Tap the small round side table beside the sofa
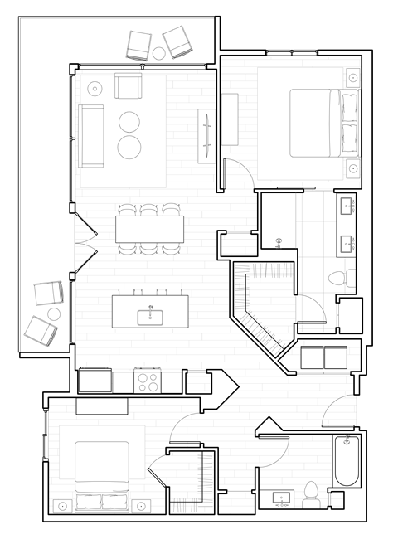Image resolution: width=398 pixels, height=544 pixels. pyautogui.click(x=95, y=88)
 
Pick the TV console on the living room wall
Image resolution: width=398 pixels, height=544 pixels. pyautogui.click(x=206, y=132)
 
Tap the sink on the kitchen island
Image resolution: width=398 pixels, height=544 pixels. pyautogui.click(x=151, y=314)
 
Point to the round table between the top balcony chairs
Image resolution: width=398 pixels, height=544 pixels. pyautogui.click(x=159, y=53)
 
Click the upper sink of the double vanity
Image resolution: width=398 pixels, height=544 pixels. pyautogui.click(x=347, y=204)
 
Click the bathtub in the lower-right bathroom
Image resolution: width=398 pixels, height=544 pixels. pyautogui.click(x=346, y=461)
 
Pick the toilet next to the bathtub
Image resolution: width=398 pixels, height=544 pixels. pyautogui.click(x=312, y=493)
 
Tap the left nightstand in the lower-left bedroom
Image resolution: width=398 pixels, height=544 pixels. pyautogui.click(x=61, y=503)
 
